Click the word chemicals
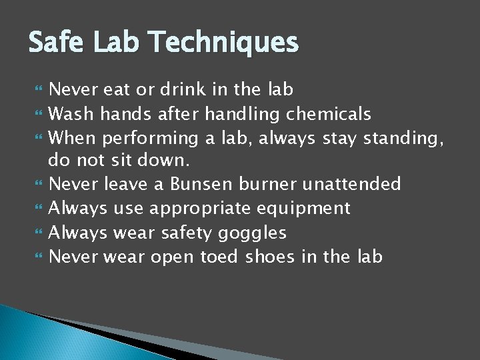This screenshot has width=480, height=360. click(x=329, y=114)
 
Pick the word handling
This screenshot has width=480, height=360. click(x=243, y=115)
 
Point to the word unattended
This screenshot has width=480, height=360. click(x=351, y=183)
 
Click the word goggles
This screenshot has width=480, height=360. click(x=257, y=233)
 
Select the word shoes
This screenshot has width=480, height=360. click(x=269, y=257)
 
